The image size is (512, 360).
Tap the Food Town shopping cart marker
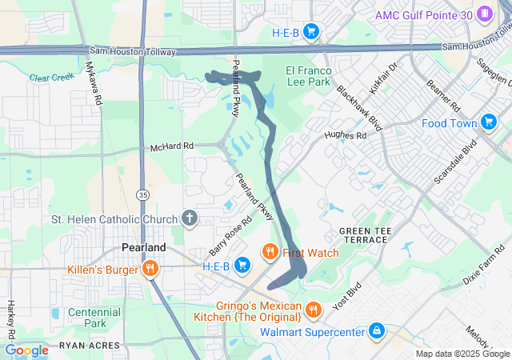489,122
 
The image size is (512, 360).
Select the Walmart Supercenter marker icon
376,330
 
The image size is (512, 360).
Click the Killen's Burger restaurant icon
149,269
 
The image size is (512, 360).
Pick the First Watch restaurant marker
270,253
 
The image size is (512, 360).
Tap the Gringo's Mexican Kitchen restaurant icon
314,308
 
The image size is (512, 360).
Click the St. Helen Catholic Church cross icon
190,218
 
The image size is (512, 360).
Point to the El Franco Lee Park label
308,76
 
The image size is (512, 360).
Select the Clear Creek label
50,78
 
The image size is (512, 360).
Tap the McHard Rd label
172,147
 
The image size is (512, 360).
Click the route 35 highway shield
142,194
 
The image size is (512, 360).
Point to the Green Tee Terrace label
366,235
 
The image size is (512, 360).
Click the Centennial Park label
94,318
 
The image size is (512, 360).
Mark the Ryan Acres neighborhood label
88,346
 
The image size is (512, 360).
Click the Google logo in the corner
26,350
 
